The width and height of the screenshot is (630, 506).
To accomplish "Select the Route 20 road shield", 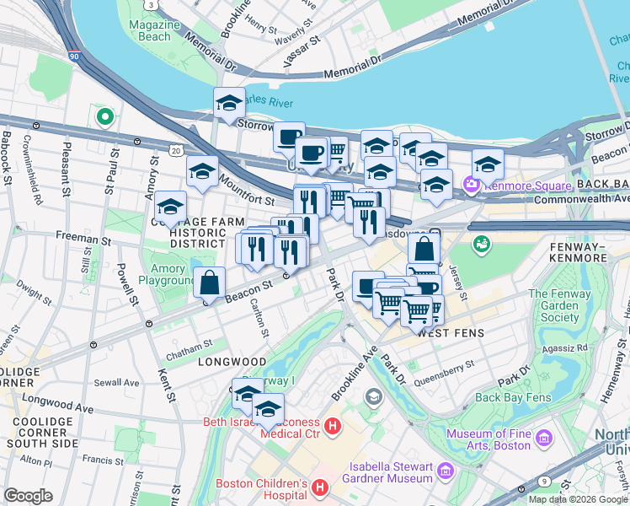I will pyautogui.click(x=175, y=150).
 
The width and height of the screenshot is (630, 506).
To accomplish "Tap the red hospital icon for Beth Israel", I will pyautogui.click(x=333, y=428).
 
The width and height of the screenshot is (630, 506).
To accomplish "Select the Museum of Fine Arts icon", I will pyautogui.click(x=544, y=439).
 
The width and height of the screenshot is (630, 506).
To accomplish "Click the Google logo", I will pyautogui.click(x=28, y=496).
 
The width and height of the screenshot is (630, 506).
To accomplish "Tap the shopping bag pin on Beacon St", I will pyautogui.click(x=209, y=283).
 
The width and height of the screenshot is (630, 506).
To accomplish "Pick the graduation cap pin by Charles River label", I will pyautogui.click(x=229, y=105).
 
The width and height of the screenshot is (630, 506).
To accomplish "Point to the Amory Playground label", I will pyautogui.click(x=167, y=274).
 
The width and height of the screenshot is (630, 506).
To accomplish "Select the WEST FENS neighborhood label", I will pyautogui.click(x=451, y=333).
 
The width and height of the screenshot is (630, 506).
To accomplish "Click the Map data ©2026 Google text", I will pyautogui.click(x=577, y=499).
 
